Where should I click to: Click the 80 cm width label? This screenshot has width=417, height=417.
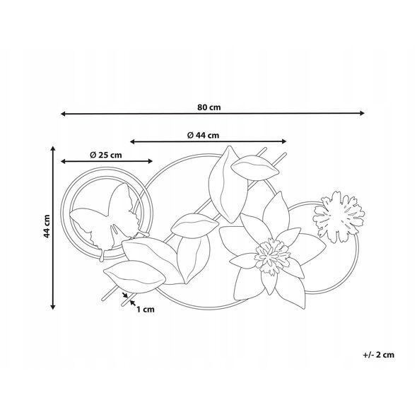point(209,107)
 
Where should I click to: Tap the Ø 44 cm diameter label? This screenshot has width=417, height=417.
point(203,136)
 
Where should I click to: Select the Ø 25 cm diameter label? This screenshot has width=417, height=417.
point(106,155)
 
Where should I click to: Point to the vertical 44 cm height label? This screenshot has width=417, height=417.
point(47,226)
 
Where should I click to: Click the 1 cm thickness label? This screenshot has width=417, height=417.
point(146,310)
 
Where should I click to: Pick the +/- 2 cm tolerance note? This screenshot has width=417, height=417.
point(379,355)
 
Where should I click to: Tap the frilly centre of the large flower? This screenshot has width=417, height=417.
point(272,256)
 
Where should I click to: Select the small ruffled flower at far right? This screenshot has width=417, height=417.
point(339,216)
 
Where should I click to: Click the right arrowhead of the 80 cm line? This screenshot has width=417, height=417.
point(362,113)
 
